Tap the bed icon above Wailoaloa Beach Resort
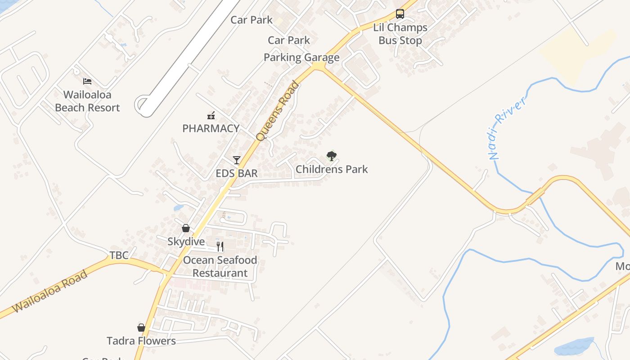[x=87, y=81]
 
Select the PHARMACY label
[x=211, y=128]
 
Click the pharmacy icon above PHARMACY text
[x=211, y=116]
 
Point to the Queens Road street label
[x=278, y=111]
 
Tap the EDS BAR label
[x=237, y=173]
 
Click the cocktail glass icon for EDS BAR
[x=237, y=160]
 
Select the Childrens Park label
[x=332, y=169]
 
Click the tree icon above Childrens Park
[x=332, y=156]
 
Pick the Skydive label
[x=186, y=242]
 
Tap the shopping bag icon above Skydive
[x=186, y=228]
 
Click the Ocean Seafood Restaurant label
[x=220, y=266]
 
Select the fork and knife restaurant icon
[x=220, y=246]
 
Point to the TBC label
[x=119, y=255]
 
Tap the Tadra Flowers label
[x=141, y=341]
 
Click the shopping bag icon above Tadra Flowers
[x=141, y=328]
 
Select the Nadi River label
[x=507, y=129]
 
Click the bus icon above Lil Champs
[x=400, y=14]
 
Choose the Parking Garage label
[x=301, y=57]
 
